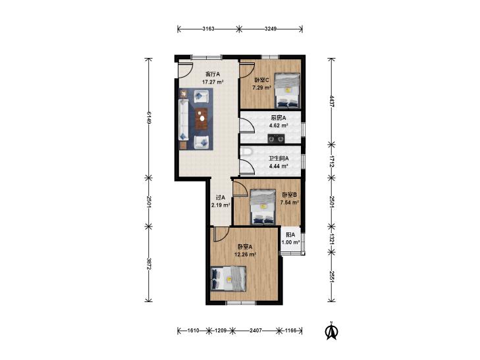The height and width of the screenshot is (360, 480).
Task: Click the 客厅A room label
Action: pos(213,74)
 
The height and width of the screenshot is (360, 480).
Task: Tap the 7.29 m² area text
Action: pos(262,88)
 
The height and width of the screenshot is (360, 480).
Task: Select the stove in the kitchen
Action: pos(277,139)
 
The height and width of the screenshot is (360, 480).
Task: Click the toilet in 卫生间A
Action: pos(246,151)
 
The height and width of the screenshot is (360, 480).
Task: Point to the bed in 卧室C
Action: pos(287,91)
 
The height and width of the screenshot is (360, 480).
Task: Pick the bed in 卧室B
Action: pos(263,207)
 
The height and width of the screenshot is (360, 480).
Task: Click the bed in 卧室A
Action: pos(228,278)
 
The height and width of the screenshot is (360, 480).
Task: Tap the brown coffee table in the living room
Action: pos(201,118)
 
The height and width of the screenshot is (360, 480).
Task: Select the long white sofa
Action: pos(183,120)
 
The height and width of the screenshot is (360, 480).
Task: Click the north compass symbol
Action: pos(331,330)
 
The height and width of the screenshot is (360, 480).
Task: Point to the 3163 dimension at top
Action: pos(208,29)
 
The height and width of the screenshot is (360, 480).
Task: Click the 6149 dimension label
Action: pos(148,117)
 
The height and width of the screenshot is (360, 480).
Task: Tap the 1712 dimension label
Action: pos(332,161)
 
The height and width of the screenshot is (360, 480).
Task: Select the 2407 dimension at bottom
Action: pos(255,330)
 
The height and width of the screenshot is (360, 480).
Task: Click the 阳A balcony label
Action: pos(290,235)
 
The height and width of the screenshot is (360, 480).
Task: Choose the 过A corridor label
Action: pos(221,197)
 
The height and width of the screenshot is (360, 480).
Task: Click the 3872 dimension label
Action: pos(148,264)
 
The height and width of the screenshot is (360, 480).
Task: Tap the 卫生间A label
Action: pos(279,159)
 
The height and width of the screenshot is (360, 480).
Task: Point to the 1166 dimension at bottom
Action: pos(290,330)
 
